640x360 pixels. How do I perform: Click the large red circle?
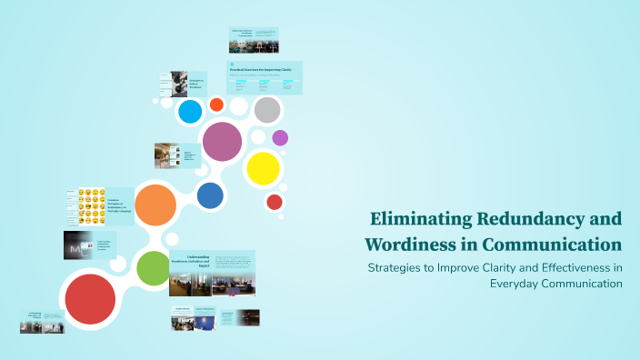point(90,298)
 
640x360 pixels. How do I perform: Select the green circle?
point(153,267)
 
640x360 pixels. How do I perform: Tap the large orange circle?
point(155,205)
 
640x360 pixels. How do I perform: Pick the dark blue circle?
point(210,195)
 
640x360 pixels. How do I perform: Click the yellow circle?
point(263,167)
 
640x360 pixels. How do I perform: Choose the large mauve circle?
point(222,141)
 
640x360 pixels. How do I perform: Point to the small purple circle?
point(280,138)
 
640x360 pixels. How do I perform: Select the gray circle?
point(266,110)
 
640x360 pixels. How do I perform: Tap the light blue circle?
point(190,111)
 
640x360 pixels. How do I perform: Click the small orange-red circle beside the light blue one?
point(216,105)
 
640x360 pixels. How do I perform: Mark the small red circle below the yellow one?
point(275,202)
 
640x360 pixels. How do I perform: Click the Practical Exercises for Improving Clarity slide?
point(265,78)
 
